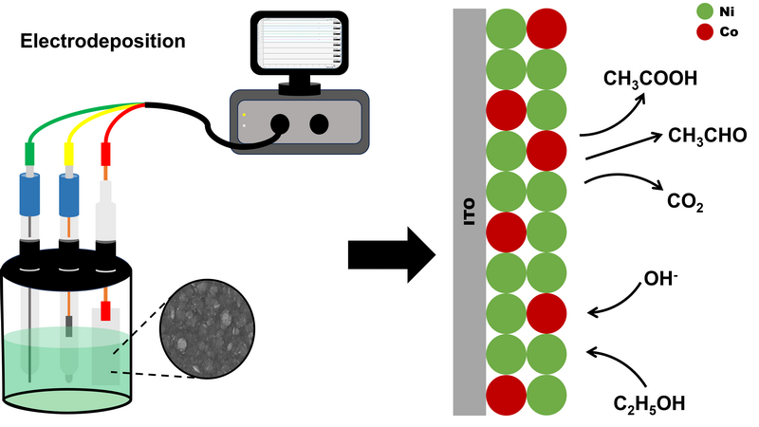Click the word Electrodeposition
point(103,42)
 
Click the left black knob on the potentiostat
point(282,122)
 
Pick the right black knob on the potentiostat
point(320,122)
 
